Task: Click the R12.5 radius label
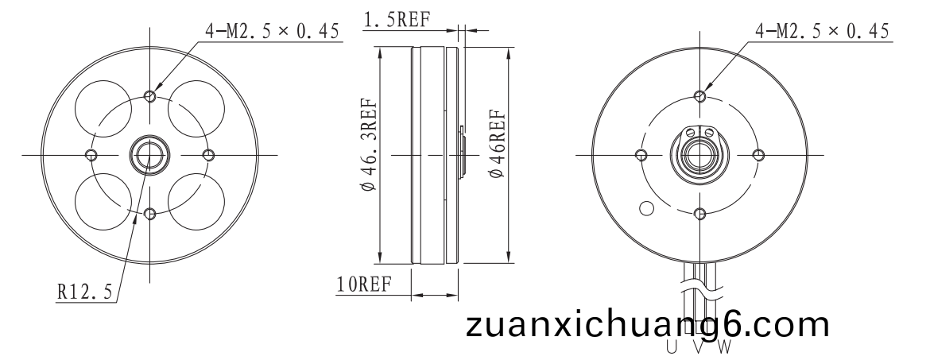[x=84, y=292]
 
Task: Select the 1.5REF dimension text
[x=396, y=20]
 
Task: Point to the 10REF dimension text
[x=364, y=285]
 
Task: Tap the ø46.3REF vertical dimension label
[x=368, y=146]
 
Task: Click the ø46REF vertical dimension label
[x=496, y=144]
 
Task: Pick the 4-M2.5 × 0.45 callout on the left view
[x=273, y=31]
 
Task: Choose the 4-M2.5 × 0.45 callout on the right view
[x=822, y=31]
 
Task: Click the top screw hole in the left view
[x=150, y=96]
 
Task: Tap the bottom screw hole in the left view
[x=150, y=214]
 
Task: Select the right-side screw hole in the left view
[x=208, y=155]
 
